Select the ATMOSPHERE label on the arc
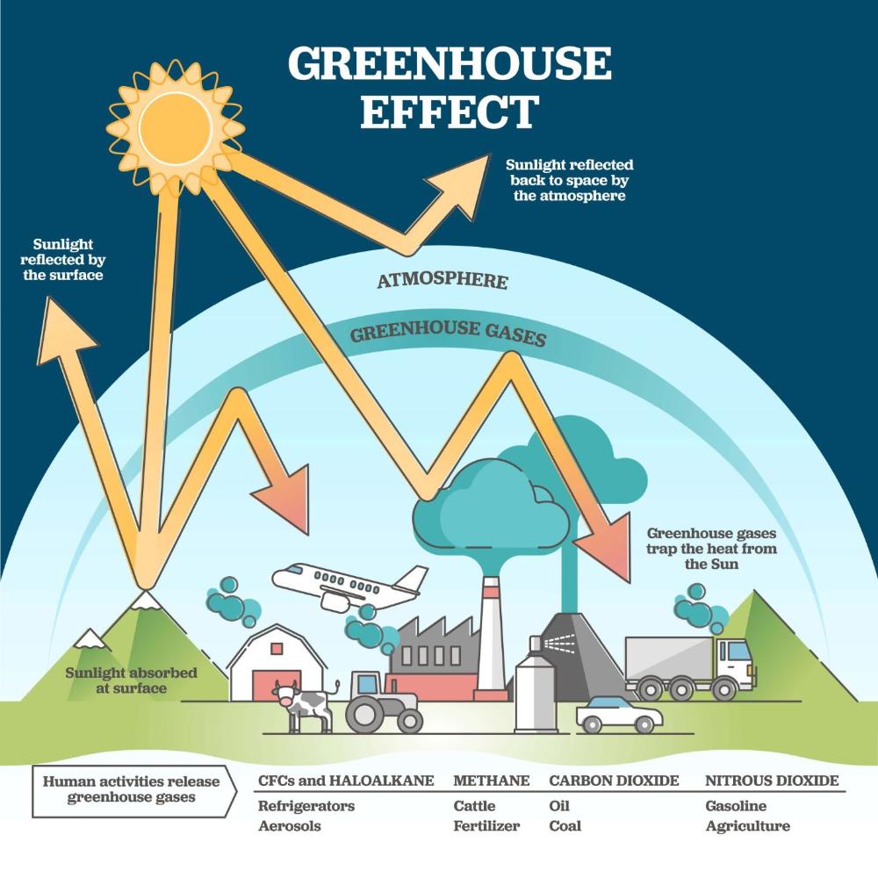443,281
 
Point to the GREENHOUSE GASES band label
448,335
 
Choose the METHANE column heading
492,781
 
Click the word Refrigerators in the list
306,806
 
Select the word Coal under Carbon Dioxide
565,826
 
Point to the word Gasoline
736,806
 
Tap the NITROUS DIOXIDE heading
772,781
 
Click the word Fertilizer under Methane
486,826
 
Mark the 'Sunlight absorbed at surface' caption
132,680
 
